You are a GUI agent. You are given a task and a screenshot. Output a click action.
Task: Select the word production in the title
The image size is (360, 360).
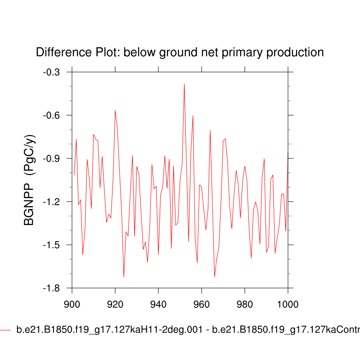(295, 53)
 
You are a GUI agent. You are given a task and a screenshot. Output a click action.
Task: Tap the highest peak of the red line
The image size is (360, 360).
(184, 84)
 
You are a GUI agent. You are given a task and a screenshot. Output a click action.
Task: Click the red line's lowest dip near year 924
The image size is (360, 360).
(124, 277)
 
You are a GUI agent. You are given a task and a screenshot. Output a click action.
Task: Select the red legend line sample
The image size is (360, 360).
(5, 330)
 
